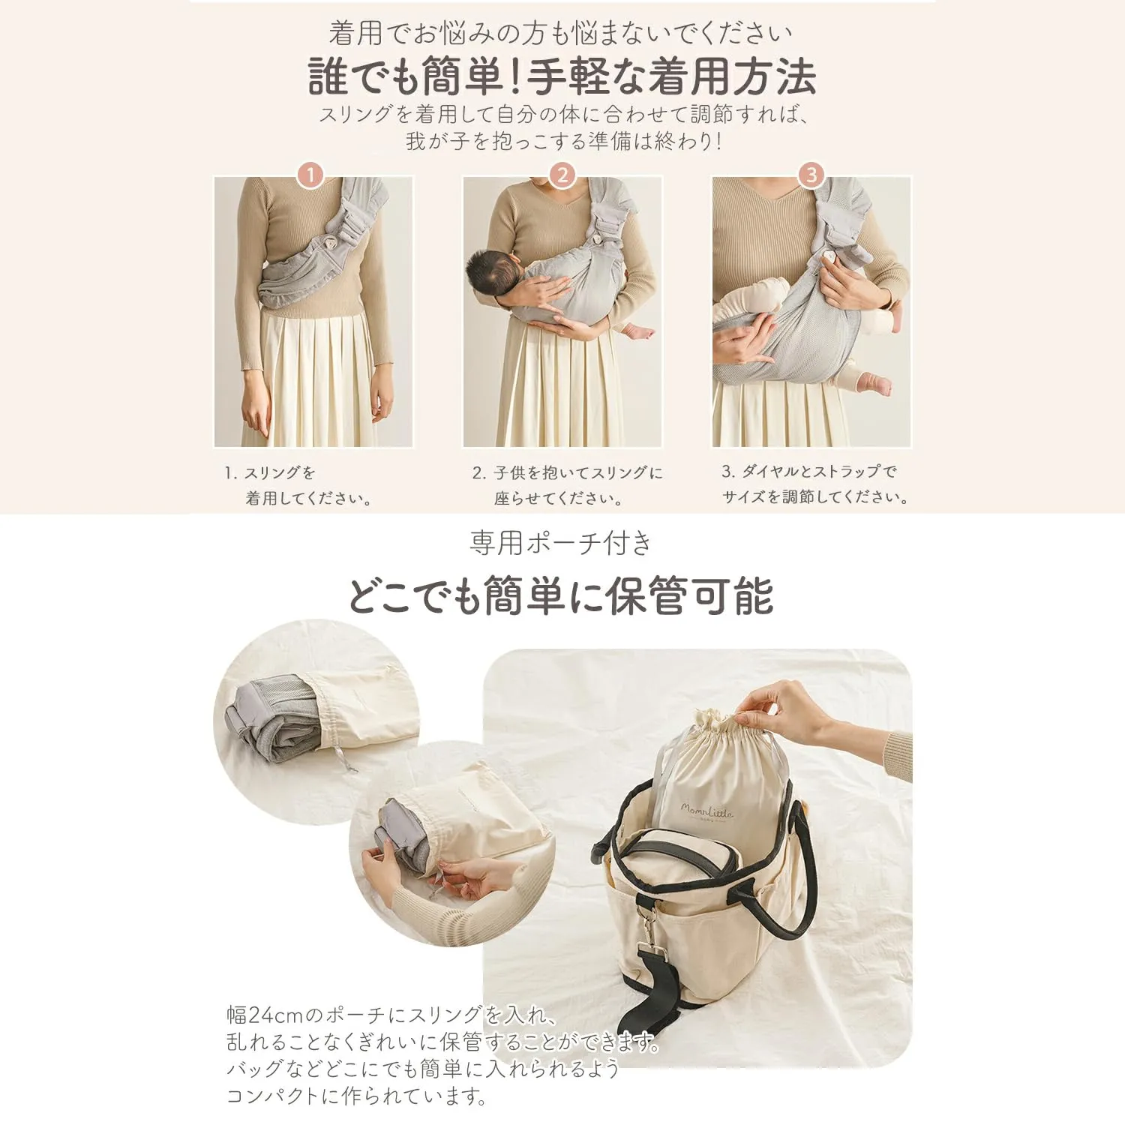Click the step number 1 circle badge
[x=310, y=175]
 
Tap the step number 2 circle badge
[x=562, y=175]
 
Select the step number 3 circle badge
[x=811, y=175]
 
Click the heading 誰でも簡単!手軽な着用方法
[x=562, y=76]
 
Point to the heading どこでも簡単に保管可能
[x=560, y=595]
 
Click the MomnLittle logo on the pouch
[x=706, y=811]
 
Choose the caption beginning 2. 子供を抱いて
[x=568, y=485]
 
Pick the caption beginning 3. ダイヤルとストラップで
[x=815, y=484]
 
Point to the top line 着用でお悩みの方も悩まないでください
[x=560, y=33]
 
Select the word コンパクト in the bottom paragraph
[x=273, y=1096]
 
